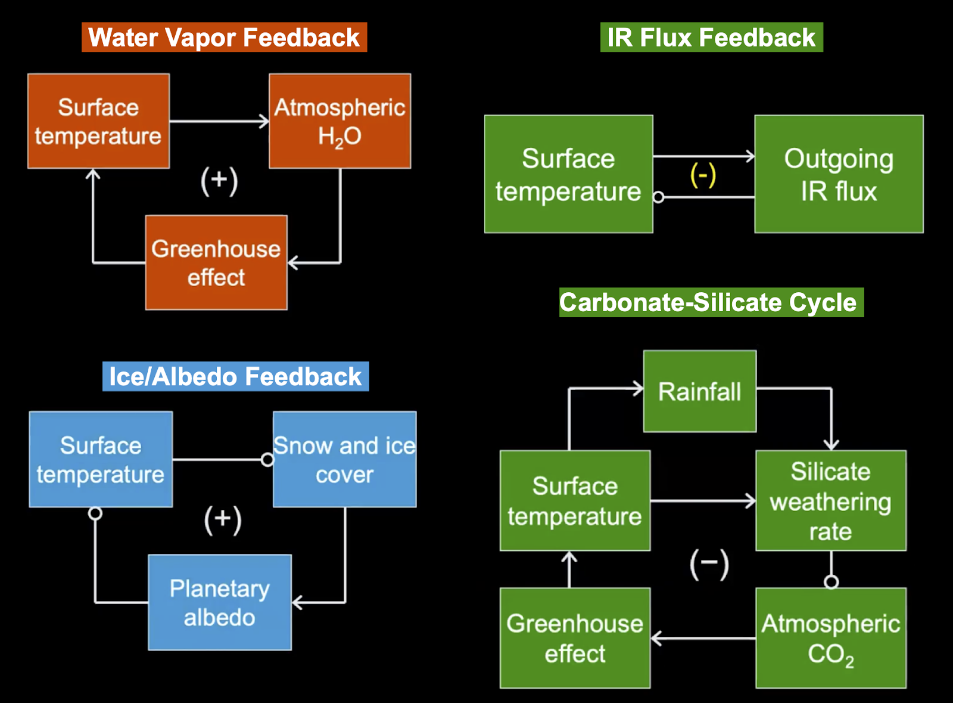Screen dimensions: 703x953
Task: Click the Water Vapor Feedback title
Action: (224, 38)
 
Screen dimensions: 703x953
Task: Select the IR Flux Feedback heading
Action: (711, 38)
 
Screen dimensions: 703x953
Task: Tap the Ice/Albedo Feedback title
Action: (235, 377)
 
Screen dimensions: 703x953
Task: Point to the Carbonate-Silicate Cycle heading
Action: (711, 302)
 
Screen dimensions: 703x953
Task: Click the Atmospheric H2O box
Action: (340, 121)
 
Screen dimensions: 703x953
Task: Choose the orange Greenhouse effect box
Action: (216, 262)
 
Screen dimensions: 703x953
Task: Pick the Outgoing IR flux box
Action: (839, 174)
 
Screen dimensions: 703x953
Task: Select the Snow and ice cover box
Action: (344, 459)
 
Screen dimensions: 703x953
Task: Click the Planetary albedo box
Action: (220, 602)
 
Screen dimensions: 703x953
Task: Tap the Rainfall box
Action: (700, 391)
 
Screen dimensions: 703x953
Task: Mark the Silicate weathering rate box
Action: (831, 501)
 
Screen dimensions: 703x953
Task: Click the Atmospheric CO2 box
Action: (831, 638)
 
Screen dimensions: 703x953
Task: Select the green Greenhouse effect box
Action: (575, 638)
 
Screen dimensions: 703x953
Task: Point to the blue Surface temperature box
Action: (101, 459)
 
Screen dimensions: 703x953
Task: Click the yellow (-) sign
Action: (703, 175)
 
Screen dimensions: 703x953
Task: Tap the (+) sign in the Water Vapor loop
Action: (219, 181)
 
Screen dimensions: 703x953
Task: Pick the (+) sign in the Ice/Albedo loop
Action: (223, 519)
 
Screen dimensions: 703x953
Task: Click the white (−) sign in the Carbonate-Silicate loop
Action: (709, 563)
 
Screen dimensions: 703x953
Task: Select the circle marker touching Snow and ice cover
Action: (267, 460)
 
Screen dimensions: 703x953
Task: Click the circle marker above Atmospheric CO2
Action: (831, 581)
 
